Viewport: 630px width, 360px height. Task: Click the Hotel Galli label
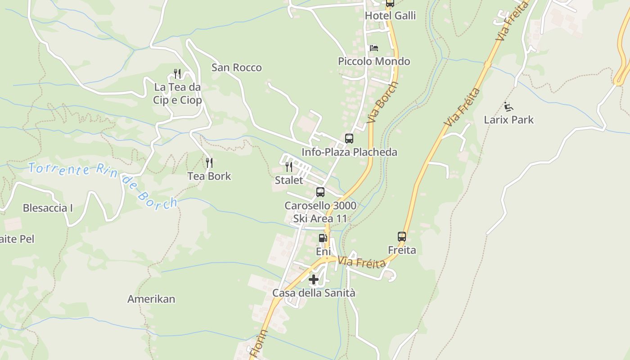[390, 16]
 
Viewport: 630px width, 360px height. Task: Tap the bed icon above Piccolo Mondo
[373, 48]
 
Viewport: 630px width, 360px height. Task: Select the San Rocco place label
[237, 68]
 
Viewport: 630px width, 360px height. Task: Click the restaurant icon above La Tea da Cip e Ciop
[177, 74]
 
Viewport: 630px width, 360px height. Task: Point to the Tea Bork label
[209, 176]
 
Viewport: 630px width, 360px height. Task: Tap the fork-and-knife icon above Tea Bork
[209, 163]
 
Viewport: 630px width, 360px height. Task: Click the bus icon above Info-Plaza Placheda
[349, 139]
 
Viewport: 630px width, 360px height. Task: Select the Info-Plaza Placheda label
[349, 152]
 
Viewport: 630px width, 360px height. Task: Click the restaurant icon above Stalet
[289, 167]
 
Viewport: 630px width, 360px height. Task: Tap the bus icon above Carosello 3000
[320, 192]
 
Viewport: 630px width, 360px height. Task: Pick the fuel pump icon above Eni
[323, 238]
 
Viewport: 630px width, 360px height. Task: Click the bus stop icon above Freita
[402, 237]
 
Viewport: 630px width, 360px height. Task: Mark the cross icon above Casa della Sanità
[314, 280]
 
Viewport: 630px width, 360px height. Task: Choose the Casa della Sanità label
[314, 293]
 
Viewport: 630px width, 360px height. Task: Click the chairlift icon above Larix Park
[509, 107]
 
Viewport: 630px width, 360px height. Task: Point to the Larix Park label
[509, 120]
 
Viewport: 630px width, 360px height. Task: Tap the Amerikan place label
[151, 299]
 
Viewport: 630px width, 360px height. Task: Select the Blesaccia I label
[48, 208]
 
